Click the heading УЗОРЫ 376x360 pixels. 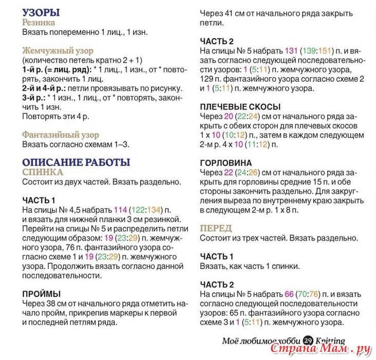click(x=41, y=12)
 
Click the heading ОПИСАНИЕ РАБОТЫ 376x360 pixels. click(x=76, y=162)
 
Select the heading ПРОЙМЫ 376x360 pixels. click(x=42, y=294)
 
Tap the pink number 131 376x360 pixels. click(x=291, y=51)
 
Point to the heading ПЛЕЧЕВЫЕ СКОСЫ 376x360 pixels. click(x=240, y=107)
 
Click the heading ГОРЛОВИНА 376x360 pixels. click(x=227, y=163)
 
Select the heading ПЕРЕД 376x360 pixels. click(x=216, y=228)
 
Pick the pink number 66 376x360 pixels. click(x=289, y=294)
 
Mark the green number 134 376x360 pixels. click(x=154, y=210)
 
